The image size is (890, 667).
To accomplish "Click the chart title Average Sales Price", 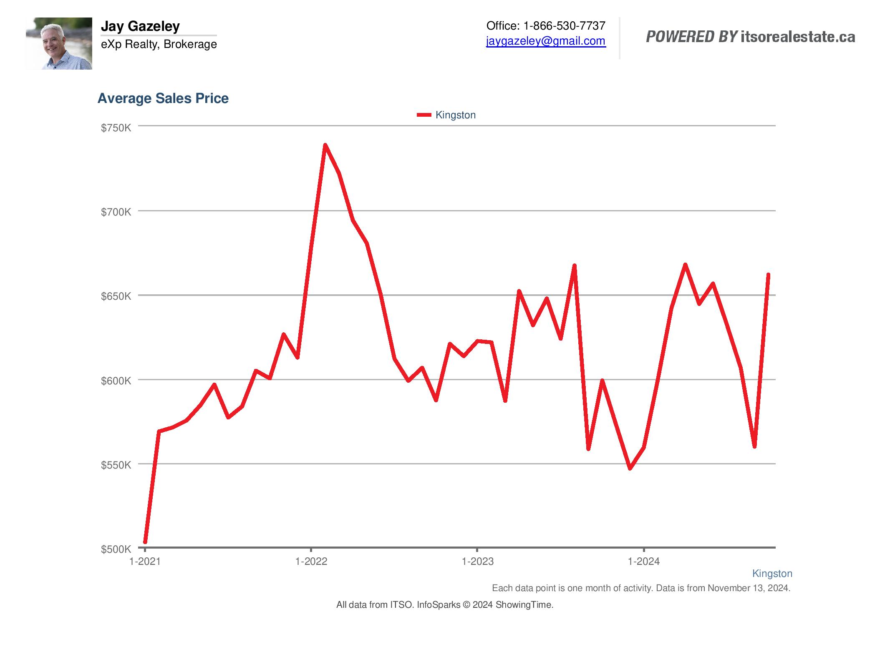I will pos(163,98).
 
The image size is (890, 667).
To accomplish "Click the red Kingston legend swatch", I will pos(424,115).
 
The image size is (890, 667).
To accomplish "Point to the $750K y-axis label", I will pos(116,128).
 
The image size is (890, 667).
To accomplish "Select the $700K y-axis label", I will pos(116,212).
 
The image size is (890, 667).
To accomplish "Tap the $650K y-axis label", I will pos(116,296).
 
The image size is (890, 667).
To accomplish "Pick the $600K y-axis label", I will pos(116,381).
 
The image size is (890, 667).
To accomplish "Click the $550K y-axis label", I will pos(116,465).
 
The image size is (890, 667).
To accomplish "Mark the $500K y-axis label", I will pos(116,549).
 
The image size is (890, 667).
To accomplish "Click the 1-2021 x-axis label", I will pos(145,562).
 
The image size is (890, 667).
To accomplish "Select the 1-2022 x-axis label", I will pos(311,562).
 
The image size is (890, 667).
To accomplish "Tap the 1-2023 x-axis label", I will pos(477,562).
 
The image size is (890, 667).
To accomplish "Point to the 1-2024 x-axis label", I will pos(644,562).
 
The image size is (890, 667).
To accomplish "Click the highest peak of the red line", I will pos(325,145).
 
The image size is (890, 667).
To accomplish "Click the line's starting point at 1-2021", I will pos(145,542).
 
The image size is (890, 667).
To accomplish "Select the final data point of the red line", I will pos(768,275).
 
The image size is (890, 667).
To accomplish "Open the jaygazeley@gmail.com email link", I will pos(546,41).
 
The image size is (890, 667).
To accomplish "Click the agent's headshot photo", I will pos(59,43).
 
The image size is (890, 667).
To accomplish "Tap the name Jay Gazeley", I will pos(140,26).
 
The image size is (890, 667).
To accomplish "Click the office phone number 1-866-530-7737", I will pos(564,26).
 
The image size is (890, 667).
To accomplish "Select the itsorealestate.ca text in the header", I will pos(798,37).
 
